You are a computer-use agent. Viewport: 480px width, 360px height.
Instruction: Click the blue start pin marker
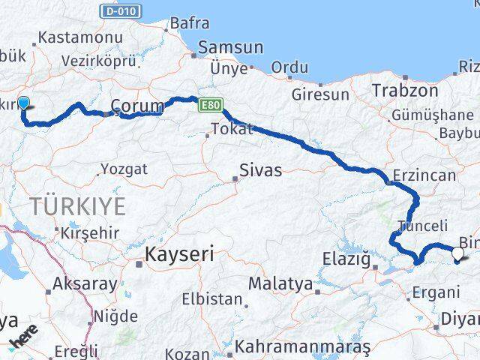pos(23,105)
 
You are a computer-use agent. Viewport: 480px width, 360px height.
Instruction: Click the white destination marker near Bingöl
pos(458,253)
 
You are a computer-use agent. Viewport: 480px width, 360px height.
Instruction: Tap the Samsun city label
pos(229,48)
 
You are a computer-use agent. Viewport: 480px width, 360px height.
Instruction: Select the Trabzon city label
pos(405,91)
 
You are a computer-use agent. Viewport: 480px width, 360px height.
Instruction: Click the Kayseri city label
pos(180,254)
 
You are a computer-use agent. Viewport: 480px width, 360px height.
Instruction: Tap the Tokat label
pos(232,130)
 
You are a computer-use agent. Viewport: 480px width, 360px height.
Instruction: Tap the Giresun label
pos(321,95)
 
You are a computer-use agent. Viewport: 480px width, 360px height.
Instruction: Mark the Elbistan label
pos(212,299)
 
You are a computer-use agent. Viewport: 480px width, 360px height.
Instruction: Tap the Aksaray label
pos(85,285)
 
